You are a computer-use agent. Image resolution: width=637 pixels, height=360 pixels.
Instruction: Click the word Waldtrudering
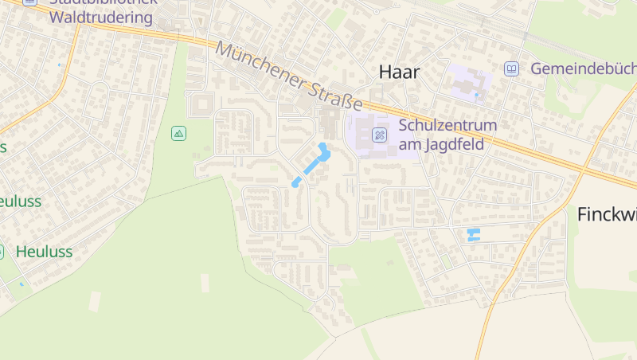click(x=101, y=18)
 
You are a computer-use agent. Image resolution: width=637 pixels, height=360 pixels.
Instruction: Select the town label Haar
click(x=399, y=72)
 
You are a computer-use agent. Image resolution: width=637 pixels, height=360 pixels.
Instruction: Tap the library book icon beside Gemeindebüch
click(x=511, y=68)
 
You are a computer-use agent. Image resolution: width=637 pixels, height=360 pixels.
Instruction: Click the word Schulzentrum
click(x=447, y=125)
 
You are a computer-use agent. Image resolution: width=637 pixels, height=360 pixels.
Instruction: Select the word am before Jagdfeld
click(x=409, y=143)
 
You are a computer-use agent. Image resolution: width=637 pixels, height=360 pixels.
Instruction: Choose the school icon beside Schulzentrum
click(x=380, y=134)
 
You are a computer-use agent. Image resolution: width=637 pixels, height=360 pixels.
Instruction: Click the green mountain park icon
click(x=179, y=133)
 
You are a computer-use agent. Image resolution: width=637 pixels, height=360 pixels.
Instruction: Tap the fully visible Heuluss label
click(x=44, y=252)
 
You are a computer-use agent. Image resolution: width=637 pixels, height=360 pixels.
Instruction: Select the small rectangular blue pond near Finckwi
click(x=473, y=234)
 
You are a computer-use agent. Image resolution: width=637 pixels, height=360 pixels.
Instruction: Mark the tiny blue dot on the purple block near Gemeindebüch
click(x=477, y=96)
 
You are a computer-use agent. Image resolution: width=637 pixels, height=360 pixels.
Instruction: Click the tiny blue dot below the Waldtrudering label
click(x=59, y=65)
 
